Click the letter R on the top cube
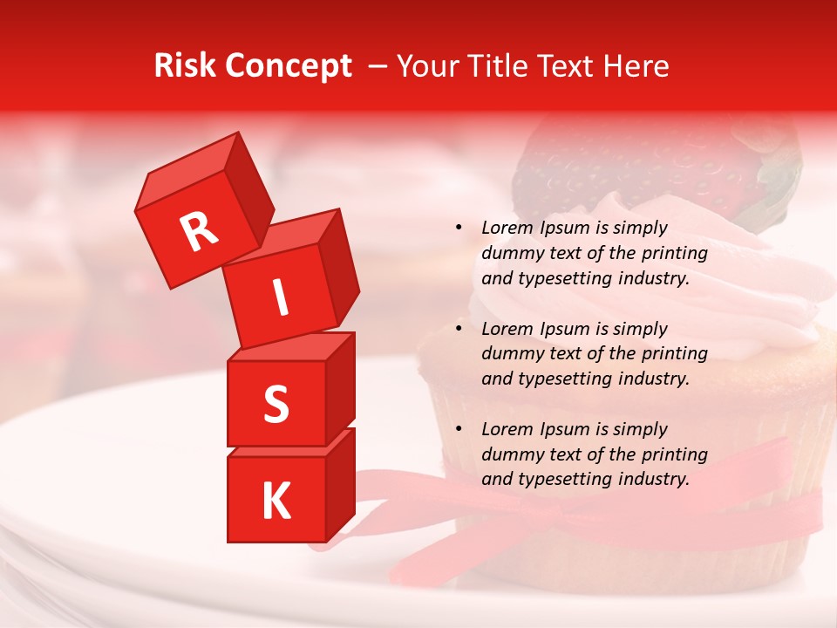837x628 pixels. pos(200,232)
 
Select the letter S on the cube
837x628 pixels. pos(276,404)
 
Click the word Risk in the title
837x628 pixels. pos(187,66)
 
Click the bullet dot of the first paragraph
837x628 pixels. pos(459,229)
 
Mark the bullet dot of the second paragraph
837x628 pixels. pos(459,330)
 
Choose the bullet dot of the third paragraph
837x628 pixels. pos(459,430)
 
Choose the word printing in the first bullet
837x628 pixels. pos(674,254)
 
